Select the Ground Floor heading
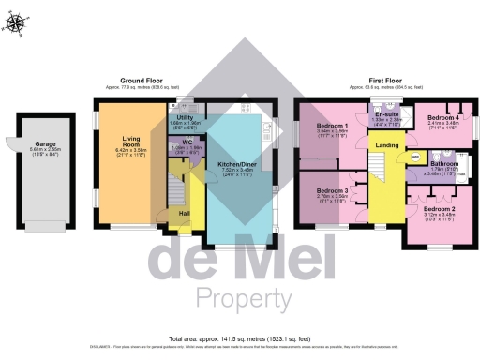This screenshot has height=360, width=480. coord(143,81)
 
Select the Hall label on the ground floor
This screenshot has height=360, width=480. coord(186,212)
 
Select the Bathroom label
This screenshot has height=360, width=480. coord(443,163)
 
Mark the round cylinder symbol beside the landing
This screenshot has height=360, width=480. coord(415,157)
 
